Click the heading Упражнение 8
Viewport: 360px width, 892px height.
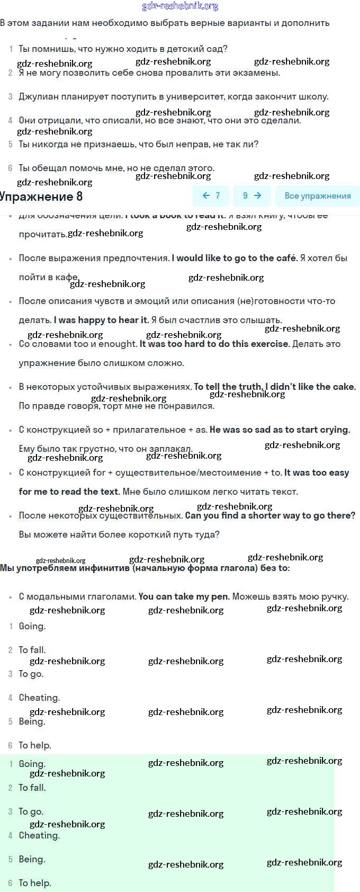point(41,197)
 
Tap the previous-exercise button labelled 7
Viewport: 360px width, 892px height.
point(211,195)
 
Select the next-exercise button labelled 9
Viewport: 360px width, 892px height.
point(252,195)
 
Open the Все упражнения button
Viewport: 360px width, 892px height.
point(318,196)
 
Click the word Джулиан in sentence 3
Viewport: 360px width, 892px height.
point(38,97)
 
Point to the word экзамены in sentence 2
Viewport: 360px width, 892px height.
point(258,73)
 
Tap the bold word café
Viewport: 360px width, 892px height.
point(286,258)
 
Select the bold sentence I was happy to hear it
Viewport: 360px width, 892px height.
point(101,320)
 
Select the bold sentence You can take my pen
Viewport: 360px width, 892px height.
point(184,597)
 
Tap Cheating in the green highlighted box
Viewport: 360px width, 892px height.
point(39,836)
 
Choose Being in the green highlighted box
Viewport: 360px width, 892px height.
point(32,860)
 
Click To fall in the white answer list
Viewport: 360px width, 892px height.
point(32,650)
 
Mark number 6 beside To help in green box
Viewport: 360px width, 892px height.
point(10,884)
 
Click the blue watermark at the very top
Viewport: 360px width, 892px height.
point(180,6)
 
